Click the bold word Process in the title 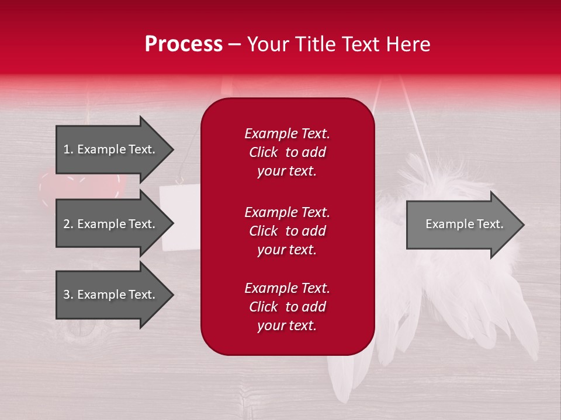(183, 44)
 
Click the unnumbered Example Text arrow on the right (464, 224)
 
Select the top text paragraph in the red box (287, 152)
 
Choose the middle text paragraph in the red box (287, 231)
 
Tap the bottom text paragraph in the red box (287, 307)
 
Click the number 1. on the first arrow (68, 149)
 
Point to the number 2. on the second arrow (68, 224)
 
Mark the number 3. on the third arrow (68, 295)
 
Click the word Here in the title (410, 44)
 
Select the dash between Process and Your (234, 45)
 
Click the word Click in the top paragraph (264, 152)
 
